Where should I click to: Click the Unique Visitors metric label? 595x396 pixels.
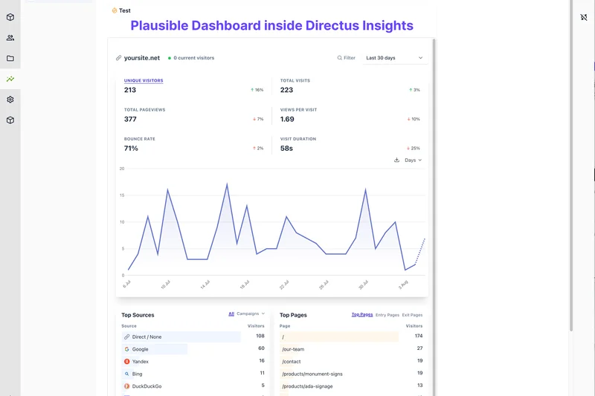(x=144, y=80)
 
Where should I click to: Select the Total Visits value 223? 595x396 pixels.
(x=286, y=90)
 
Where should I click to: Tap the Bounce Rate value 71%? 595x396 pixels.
(x=131, y=149)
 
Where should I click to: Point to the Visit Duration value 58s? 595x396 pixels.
(x=286, y=149)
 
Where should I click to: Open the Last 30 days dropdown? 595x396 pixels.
(x=395, y=58)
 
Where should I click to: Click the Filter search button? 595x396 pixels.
(x=347, y=58)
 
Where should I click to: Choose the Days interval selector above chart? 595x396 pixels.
(x=413, y=160)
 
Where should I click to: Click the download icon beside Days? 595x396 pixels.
(x=397, y=160)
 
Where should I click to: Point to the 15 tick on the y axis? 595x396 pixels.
(x=121, y=195)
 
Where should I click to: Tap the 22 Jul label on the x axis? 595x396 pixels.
(x=283, y=285)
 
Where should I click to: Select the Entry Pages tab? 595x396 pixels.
(x=387, y=315)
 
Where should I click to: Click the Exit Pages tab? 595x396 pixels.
(x=412, y=315)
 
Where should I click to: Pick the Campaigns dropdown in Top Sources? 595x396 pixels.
(x=251, y=314)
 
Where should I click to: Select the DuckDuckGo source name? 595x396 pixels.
(x=147, y=386)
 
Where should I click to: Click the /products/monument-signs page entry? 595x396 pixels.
(x=312, y=374)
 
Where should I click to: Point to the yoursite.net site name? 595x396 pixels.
(x=141, y=58)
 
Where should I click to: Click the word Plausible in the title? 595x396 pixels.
(x=158, y=26)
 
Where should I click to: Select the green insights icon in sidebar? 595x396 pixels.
(x=10, y=79)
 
